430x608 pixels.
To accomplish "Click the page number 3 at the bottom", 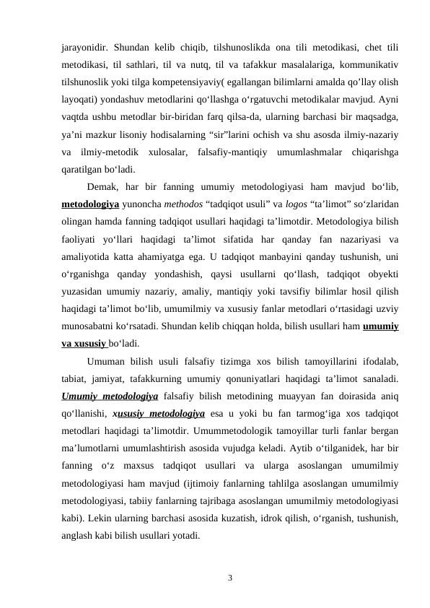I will pos(229,578).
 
